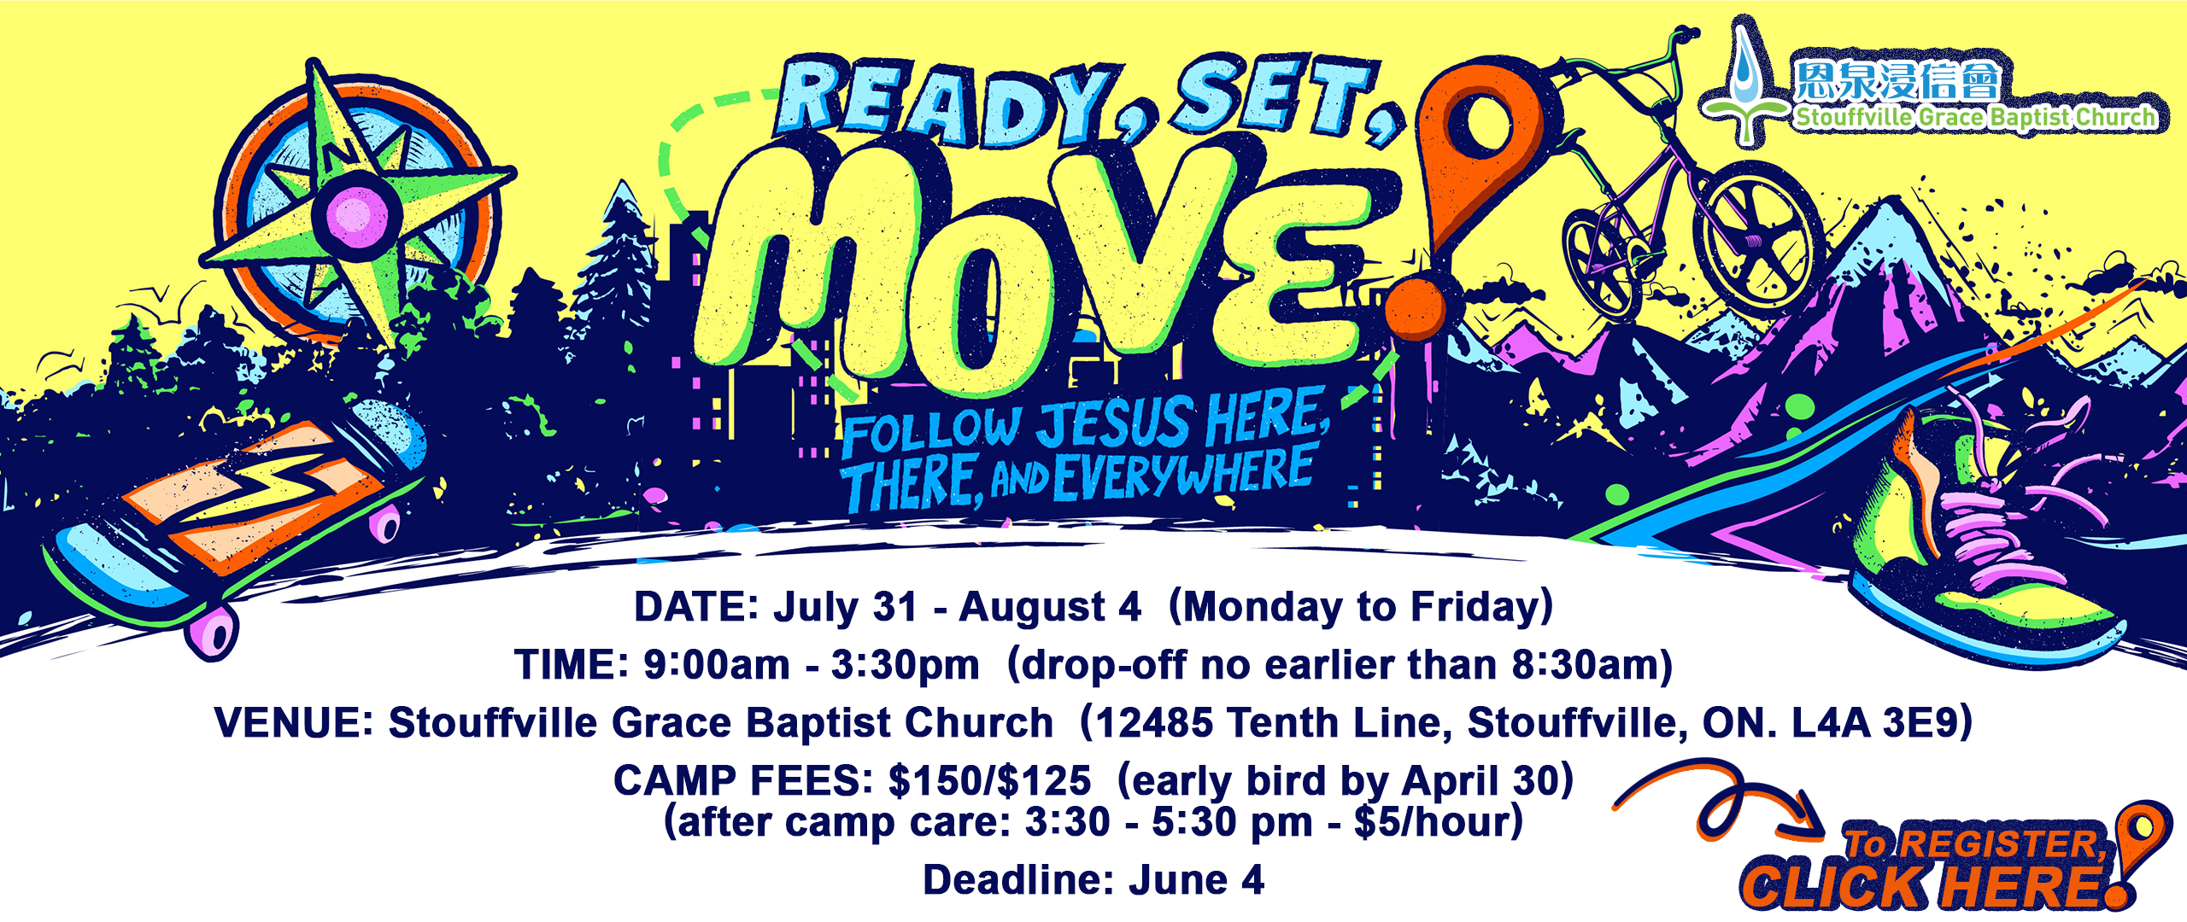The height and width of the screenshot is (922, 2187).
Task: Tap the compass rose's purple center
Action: tap(357, 214)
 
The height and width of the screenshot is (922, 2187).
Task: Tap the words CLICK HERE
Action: tap(1922, 886)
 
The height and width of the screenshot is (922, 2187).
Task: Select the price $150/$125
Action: tap(989, 780)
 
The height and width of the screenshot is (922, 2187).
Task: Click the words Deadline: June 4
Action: tap(1093, 879)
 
